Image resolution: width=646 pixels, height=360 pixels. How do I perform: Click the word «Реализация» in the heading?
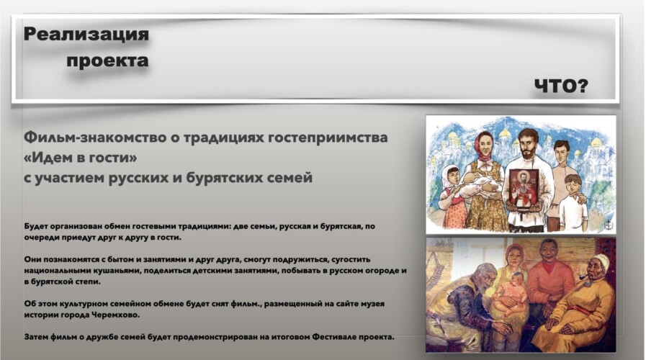(x=86, y=34)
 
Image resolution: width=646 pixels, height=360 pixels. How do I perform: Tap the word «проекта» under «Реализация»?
(x=107, y=61)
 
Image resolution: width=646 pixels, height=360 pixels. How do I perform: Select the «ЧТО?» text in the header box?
(x=561, y=86)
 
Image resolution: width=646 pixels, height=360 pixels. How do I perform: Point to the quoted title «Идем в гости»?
(x=81, y=158)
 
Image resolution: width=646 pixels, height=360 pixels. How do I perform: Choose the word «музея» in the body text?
(x=372, y=304)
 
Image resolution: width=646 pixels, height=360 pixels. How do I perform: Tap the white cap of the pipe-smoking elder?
(x=598, y=261)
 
